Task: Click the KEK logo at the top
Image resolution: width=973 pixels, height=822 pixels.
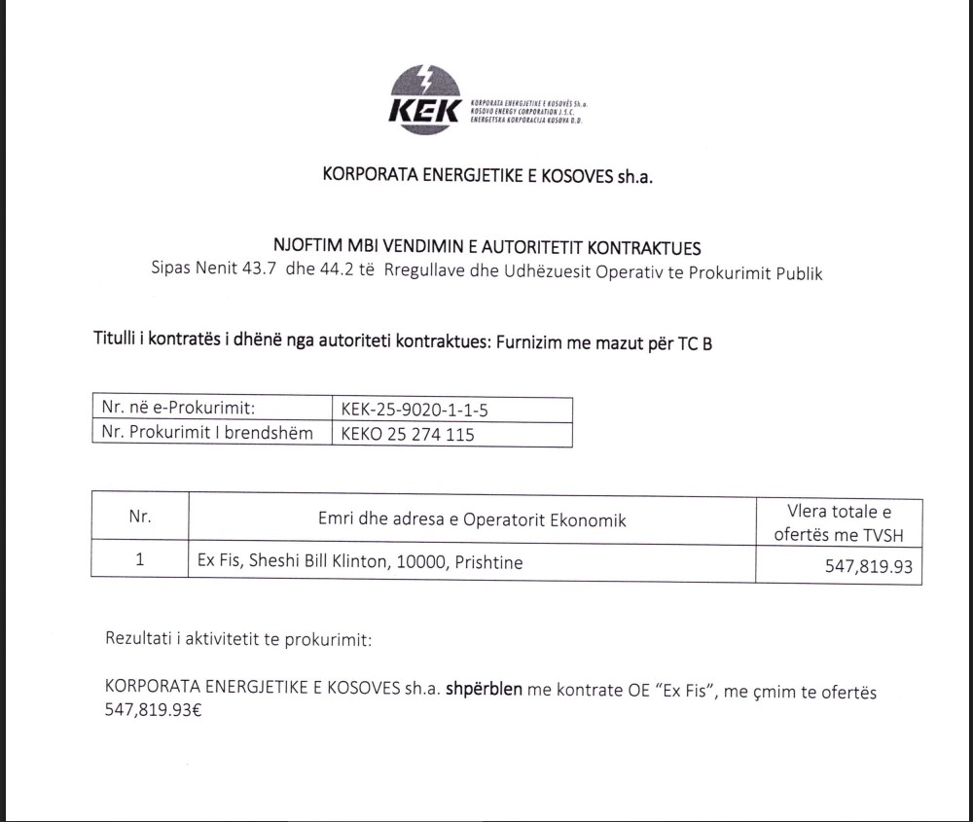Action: coord(425,96)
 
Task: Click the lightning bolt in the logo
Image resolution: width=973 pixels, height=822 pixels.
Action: coord(424,78)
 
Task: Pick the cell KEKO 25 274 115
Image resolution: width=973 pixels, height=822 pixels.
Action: coord(408,434)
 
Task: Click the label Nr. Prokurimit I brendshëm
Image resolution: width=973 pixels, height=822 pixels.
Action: coord(207,434)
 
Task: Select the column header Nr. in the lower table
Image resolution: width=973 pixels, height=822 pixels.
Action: coord(140,517)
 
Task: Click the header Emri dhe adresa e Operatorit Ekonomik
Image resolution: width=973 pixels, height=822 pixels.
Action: coord(472,519)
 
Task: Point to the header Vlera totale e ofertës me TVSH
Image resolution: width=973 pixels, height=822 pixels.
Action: coord(839,522)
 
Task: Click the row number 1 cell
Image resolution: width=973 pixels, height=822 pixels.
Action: coord(140,561)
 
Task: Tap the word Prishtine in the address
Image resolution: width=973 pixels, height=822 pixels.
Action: coord(487,562)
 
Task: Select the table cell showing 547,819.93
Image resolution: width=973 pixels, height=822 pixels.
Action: coord(869,565)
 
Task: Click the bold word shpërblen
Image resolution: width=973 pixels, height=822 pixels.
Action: coord(485,691)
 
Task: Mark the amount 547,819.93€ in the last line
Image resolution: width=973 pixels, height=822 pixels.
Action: coord(153,711)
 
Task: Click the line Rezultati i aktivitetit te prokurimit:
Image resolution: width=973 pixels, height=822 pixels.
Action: coord(238,640)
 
